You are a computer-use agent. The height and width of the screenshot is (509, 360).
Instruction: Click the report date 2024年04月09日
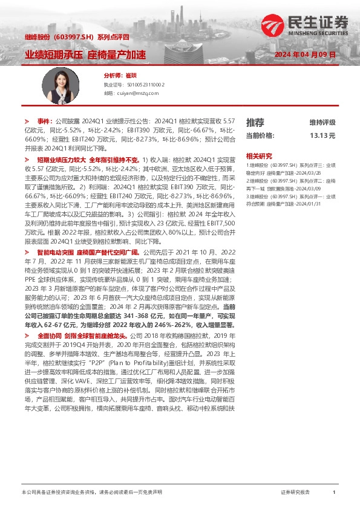tap(304, 54)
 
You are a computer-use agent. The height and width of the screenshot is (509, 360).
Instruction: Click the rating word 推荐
tap(255, 122)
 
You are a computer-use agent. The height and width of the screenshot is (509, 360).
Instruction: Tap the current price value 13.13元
tap(322, 135)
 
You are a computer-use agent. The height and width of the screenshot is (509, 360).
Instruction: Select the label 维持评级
tap(322, 122)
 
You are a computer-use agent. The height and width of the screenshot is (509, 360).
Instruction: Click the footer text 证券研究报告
tap(295, 493)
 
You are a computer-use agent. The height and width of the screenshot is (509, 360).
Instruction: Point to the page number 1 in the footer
tap(334, 493)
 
